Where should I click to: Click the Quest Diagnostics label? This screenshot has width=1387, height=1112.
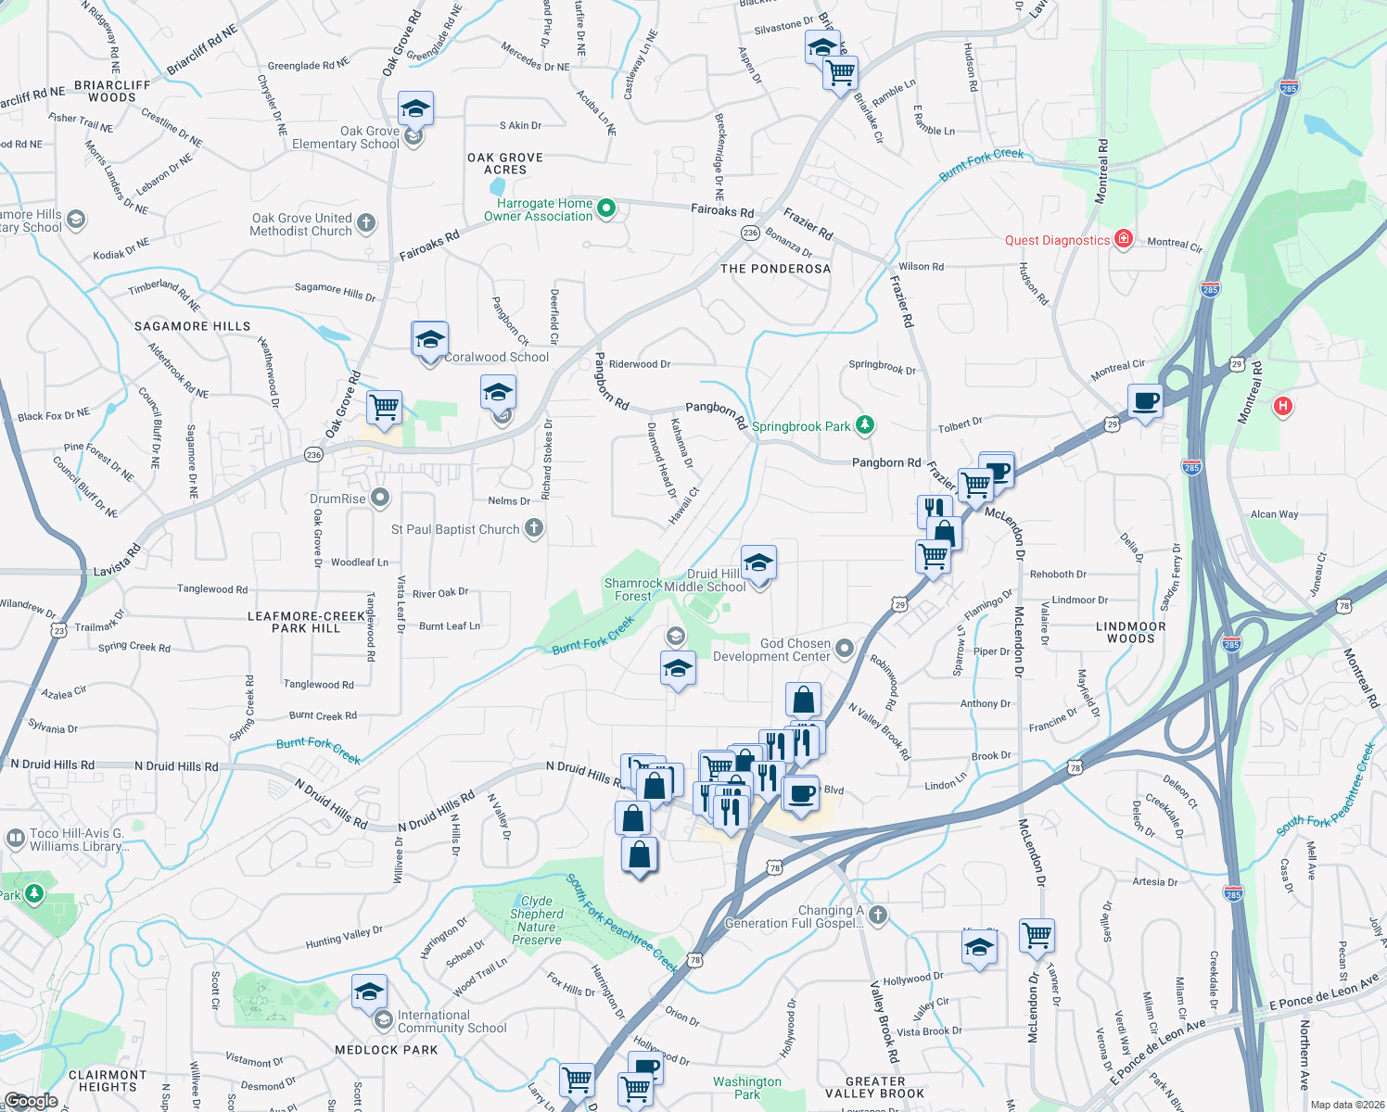pyautogui.click(x=1057, y=240)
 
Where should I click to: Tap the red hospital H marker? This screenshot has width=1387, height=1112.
pyautogui.click(x=1283, y=406)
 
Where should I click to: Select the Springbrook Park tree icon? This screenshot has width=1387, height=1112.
pyautogui.click(x=865, y=425)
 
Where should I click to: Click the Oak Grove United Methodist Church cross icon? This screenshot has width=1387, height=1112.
pyautogui.click(x=366, y=222)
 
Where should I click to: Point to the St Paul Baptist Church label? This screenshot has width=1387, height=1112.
pyautogui.click(x=455, y=529)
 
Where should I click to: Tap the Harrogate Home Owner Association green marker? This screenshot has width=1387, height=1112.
pyautogui.click(x=606, y=208)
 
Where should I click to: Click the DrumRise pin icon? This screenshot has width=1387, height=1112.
pyautogui.click(x=380, y=499)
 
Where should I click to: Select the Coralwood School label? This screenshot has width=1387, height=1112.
pyautogui.click(x=497, y=357)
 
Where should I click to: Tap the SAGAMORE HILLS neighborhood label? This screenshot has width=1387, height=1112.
pyautogui.click(x=192, y=326)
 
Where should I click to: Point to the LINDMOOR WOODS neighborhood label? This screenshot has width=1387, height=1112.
pyautogui.click(x=1130, y=632)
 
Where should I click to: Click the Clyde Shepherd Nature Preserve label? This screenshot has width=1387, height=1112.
pyautogui.click(x=537, y=920)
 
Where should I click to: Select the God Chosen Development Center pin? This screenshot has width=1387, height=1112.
pyautogui.click(x=844, y=649)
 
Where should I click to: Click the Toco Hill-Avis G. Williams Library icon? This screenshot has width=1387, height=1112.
pyautogui.click(x=15, y=839)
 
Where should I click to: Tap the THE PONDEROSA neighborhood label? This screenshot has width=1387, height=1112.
pyautogui.click(x=775, y=269)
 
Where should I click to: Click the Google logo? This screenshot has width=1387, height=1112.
pyautogui.click(x=31, y=1101)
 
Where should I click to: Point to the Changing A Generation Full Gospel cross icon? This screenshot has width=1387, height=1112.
pyautogui.click(x=877, y=916)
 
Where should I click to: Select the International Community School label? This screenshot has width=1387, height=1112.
pyautogui.click(x=452, y=1021)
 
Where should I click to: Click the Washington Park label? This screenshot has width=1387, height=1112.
pyautogui.click(x=747, y=1088)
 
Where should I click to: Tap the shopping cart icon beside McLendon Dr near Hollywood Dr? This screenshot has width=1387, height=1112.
pyautogui.click(x=1037, y=936)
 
